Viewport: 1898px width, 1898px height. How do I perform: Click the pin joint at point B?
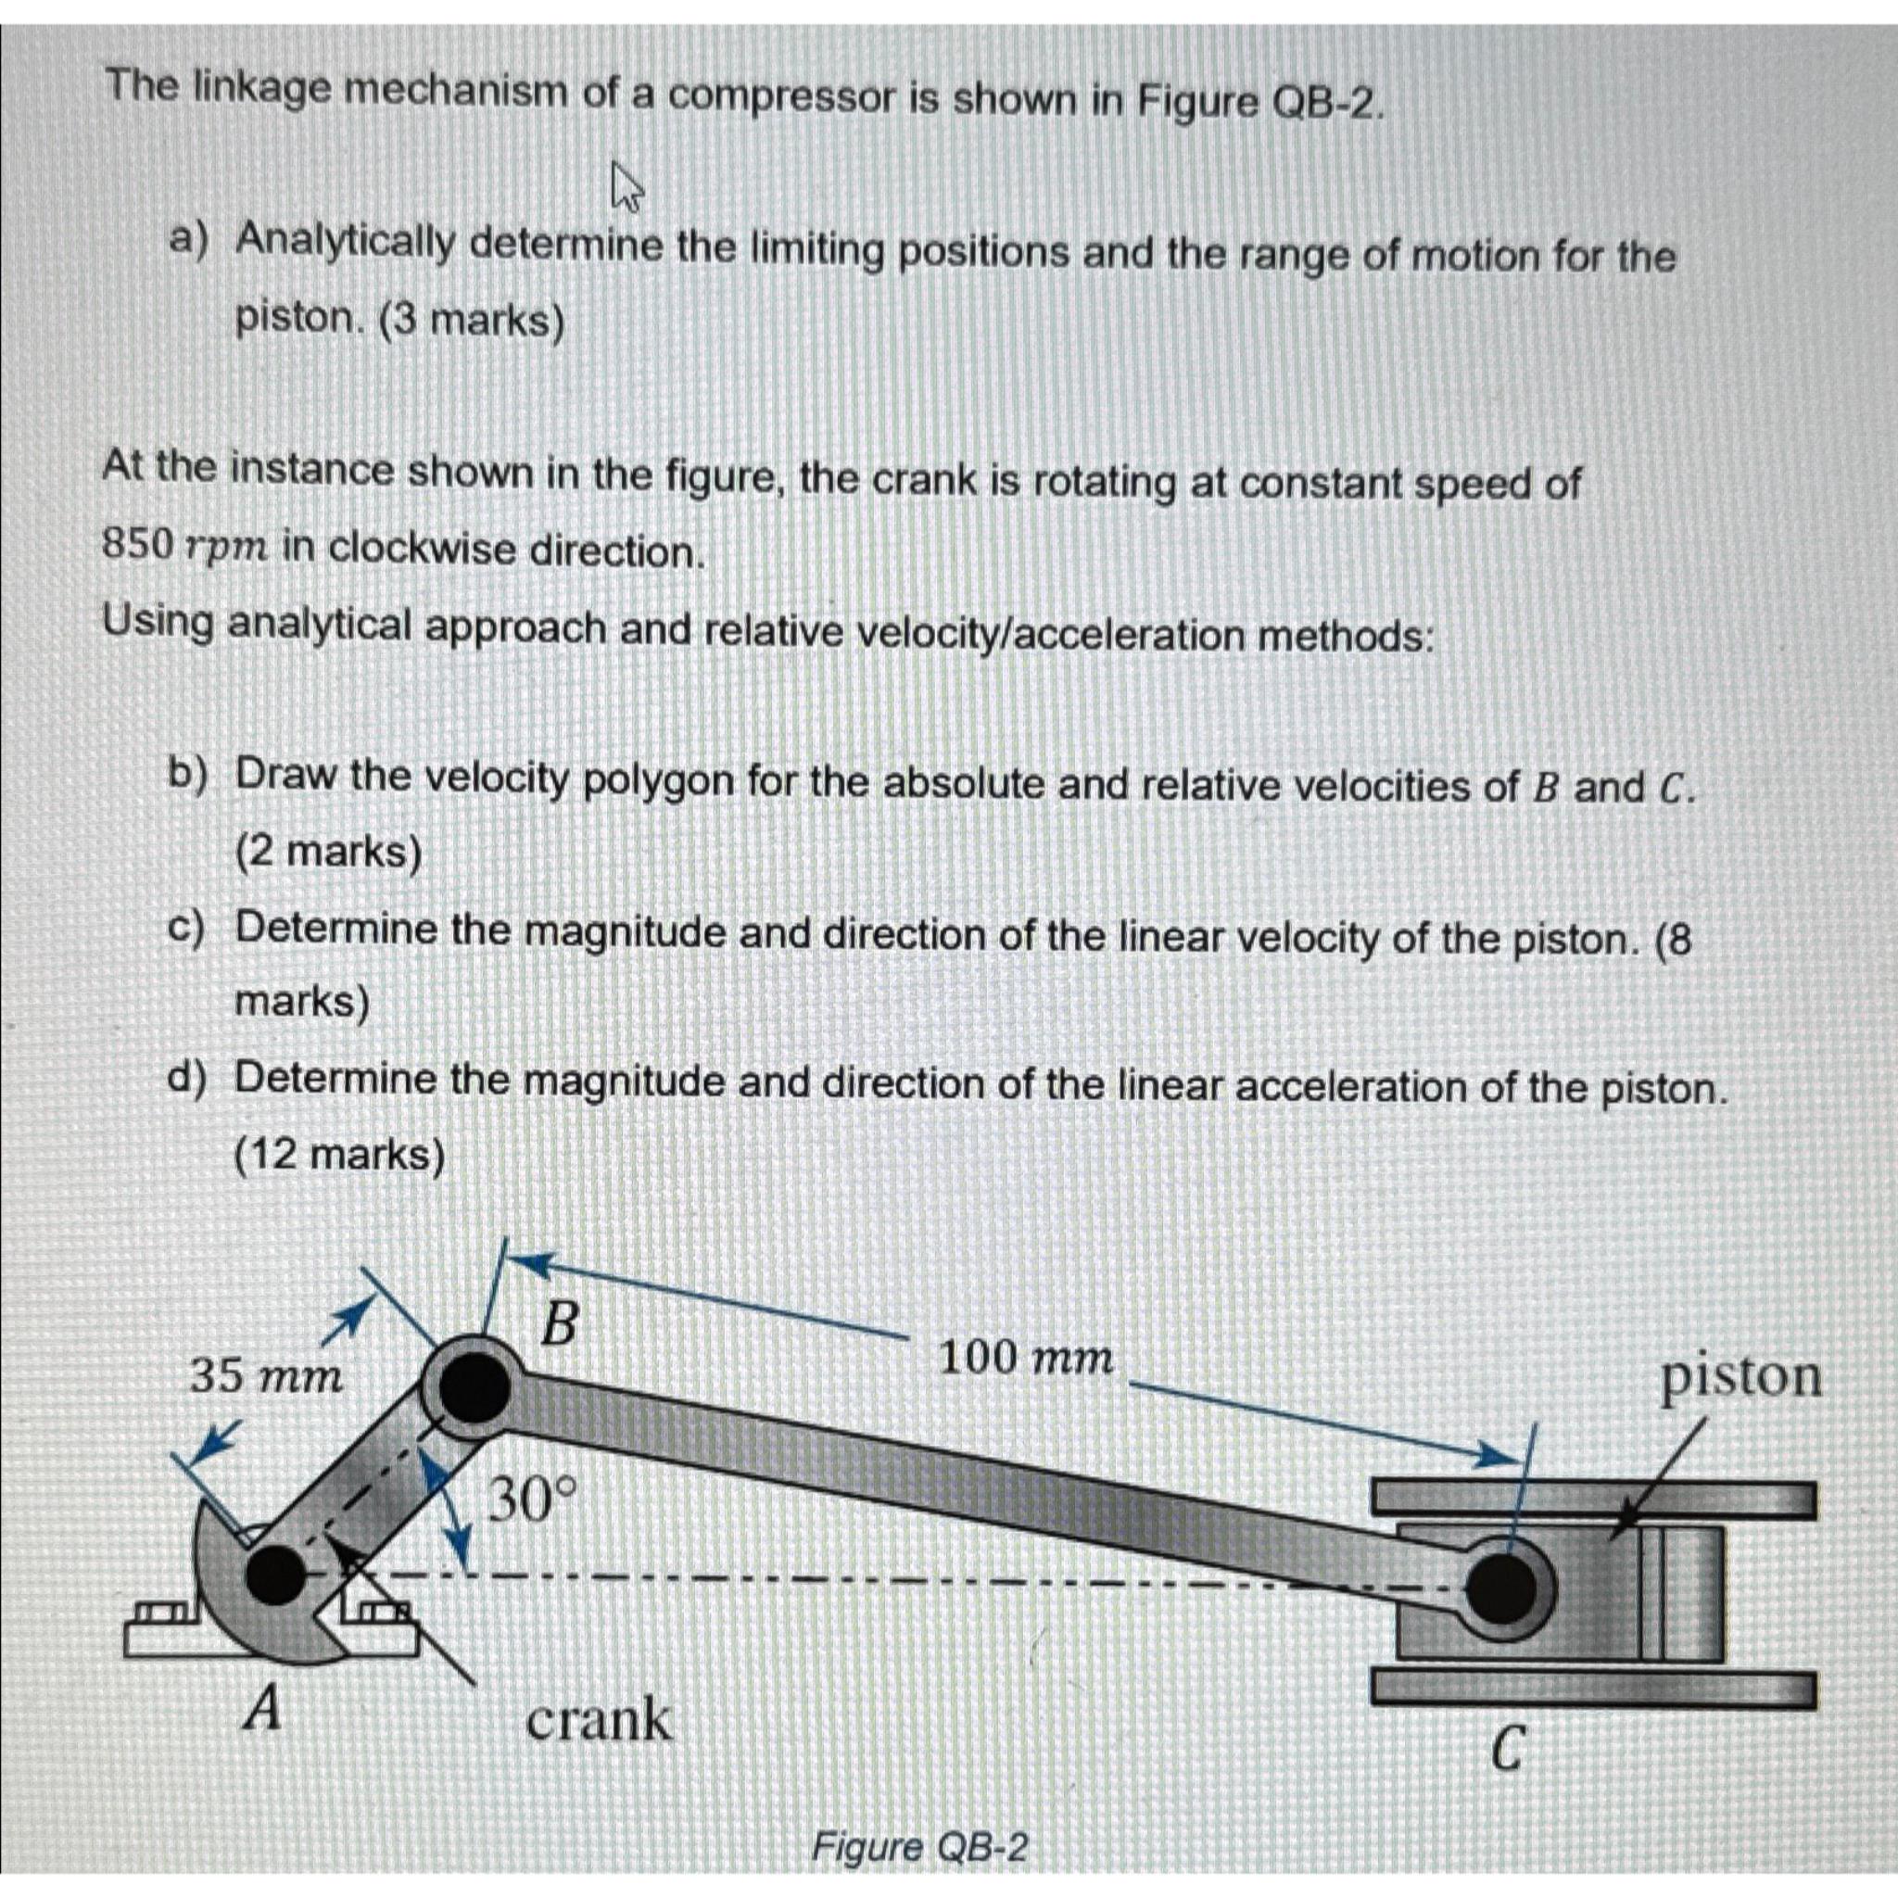click(474, 1387)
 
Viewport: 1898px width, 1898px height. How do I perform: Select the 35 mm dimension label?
click(266, 1376)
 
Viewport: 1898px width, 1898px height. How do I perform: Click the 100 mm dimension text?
click(1026, 1360)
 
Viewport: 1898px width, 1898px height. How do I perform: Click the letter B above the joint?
click(561, 1324)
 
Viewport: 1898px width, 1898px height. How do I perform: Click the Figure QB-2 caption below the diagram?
click(919, 1848)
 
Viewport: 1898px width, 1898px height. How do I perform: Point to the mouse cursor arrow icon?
click(626, 186)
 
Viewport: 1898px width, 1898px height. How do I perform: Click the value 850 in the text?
click(138, 544)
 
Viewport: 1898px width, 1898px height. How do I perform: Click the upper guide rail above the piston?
click(1591, 1499)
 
